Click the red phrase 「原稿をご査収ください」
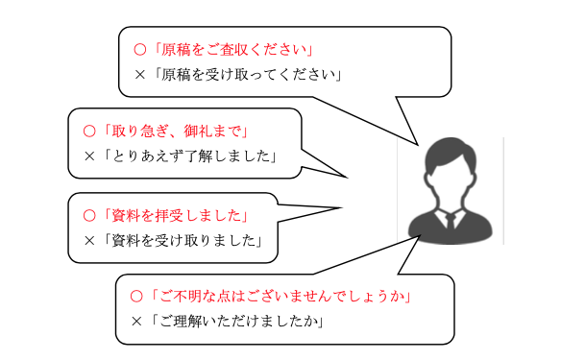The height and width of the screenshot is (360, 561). point(232,50)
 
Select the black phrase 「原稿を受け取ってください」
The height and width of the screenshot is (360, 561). point(247,75)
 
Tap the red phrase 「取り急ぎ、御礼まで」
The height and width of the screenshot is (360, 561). point(175,132)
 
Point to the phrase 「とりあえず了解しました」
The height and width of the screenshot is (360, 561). point(189,156)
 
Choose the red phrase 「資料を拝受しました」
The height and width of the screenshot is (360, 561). point(175,216)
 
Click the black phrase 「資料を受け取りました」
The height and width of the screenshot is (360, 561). point(183,241)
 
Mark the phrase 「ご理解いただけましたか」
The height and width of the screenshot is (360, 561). point(236,321)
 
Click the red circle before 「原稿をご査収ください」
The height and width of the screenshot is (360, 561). point(140,50)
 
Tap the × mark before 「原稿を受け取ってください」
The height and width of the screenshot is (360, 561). point(140,75)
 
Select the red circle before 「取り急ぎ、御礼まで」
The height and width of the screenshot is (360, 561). point(89,132)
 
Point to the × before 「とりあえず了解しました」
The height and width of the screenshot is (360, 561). point(89,156)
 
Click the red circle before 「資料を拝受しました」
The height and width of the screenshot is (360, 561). point(89,216)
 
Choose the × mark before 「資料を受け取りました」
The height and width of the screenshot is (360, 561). point(89,241)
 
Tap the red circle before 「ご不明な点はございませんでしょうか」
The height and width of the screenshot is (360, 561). point(136,297)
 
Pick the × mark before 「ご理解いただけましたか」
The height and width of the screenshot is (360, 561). point(136,321)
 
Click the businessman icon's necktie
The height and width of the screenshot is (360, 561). point(451,222)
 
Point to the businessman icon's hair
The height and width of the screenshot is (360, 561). point(451,152)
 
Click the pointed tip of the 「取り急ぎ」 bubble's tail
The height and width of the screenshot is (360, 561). point(347,178)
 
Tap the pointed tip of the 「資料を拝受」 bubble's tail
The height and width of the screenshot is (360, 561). point(342,207)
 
